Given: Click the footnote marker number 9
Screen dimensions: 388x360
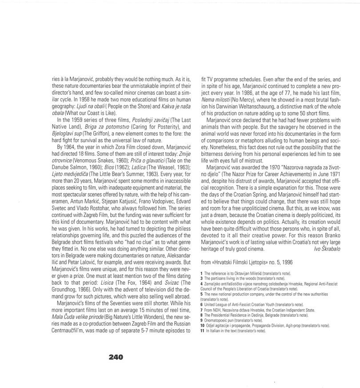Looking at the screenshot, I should [x=201, y=320].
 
